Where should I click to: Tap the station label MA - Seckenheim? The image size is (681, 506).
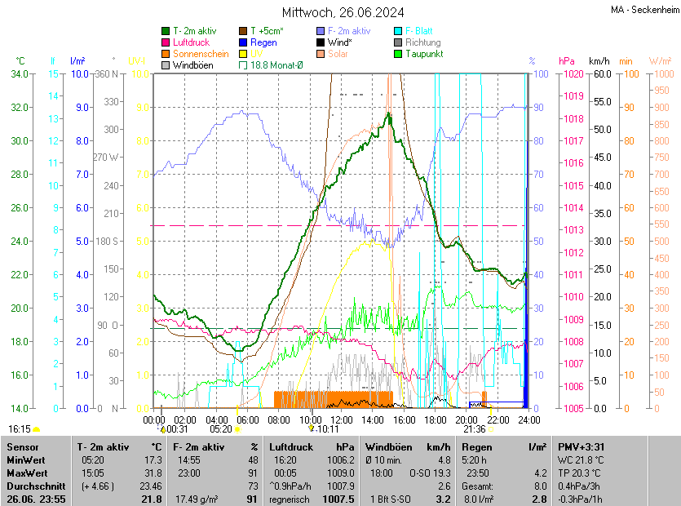(x=643, y=10)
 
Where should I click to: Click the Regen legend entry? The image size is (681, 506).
(x=263, y=42)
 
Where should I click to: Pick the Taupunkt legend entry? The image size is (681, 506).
(x=423, y=53)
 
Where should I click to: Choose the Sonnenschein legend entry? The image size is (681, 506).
(x=201, y=53)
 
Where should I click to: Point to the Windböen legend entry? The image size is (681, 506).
(x=192, y=64)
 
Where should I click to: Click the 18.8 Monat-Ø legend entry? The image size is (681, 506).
(x=276, y=64)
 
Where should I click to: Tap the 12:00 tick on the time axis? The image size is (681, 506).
(x=341, y=419)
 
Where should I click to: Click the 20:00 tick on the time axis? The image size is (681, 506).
(x=467, y=419)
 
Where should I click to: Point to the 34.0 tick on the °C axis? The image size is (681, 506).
(x=20, y=73)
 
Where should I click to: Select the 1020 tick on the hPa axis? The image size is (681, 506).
(x=573, y=73)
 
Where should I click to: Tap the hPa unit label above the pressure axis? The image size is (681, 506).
(x=567, y=60)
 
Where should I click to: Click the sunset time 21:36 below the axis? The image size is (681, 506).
(x=474, y=428)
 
